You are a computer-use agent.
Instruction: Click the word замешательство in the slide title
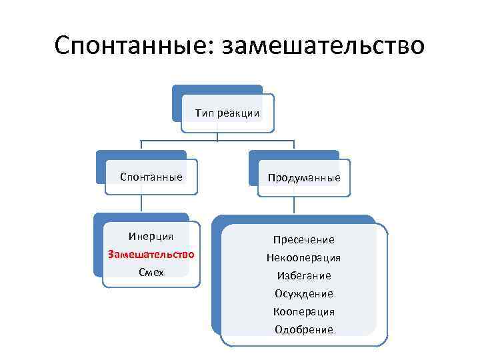323,45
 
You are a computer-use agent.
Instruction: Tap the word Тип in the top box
204,113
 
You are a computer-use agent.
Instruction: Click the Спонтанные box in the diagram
151,177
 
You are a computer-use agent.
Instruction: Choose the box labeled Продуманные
304,177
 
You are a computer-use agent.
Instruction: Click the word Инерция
151,236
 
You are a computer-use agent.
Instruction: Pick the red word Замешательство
151,254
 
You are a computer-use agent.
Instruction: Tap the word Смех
151,272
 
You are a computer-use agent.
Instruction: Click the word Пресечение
304,239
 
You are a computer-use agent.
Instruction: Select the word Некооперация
304,257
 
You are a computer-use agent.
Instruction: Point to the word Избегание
304,275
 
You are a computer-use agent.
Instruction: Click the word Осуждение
304,293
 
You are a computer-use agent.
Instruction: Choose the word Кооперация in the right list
304,311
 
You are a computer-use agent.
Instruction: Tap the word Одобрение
304,329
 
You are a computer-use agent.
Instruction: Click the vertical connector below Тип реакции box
217,135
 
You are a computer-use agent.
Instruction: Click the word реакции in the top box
238,113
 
